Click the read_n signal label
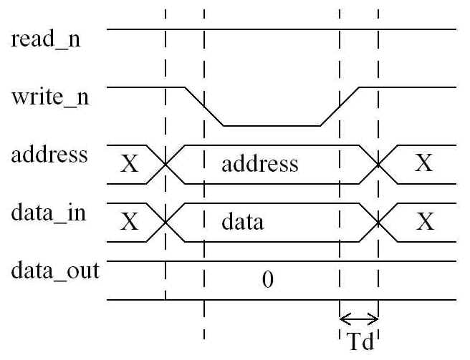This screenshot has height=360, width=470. (46, 39)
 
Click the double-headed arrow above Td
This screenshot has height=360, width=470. (358, 318)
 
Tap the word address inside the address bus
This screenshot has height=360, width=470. (259, 165)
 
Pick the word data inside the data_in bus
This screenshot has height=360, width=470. (243, 222)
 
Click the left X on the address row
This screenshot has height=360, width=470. (129, 165)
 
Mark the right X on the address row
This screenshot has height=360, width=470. (425, 165)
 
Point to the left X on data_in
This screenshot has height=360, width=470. (129, 222)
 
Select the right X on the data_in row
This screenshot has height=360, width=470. (425, 222)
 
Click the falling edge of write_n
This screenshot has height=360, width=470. (205, 107)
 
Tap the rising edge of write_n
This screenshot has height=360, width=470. (340, 107)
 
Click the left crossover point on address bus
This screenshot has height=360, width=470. (166, 165)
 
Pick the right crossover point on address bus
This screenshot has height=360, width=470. (378, 165)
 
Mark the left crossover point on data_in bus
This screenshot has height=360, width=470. (166, 222)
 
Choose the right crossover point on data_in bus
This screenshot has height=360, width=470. (378, 222)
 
